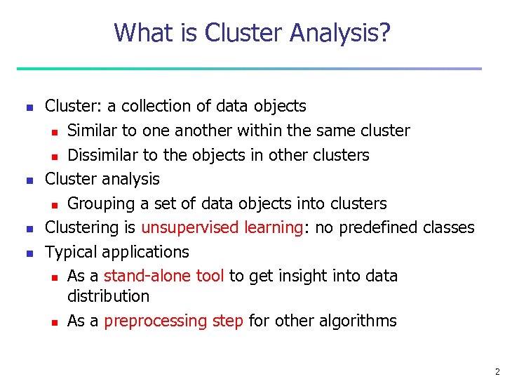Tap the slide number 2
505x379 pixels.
point(497,371)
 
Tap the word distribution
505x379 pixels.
point(108,296)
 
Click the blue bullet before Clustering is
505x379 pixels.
point(29,228)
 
